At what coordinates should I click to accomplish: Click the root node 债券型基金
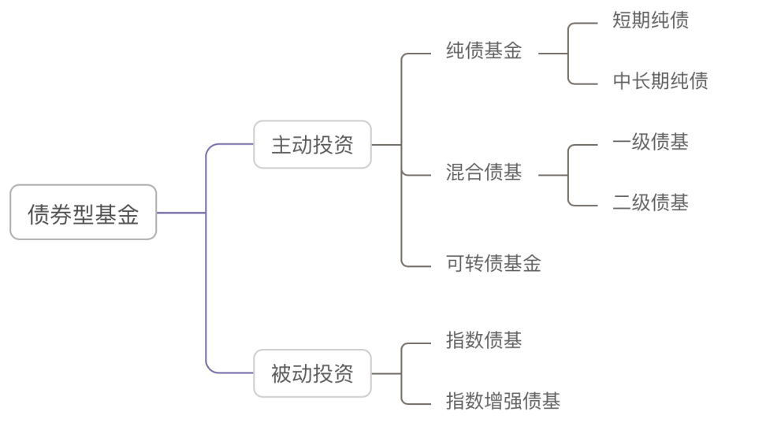tap(83, 213)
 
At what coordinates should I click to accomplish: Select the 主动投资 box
tap(312, 145)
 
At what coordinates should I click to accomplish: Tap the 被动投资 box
tap(312, 373)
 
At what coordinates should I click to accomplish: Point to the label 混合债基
tap(483, 174)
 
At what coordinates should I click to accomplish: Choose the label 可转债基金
tap(493, 264)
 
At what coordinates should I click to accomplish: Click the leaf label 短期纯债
tap(650, 20)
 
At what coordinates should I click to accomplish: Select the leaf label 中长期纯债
tap(660, 81)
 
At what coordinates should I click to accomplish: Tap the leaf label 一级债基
tap(650, 143)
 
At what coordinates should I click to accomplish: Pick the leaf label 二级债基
tap(650, 203)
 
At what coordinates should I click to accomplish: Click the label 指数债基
tap(483, 341)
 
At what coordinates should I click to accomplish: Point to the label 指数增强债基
tap(503, 401)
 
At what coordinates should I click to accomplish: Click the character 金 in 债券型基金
tap(128, 213)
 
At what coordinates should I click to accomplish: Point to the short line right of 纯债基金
tap(552, 54)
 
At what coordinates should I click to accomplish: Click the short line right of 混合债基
tap(552, 174)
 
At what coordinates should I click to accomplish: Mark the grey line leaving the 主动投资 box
tap(386, 145)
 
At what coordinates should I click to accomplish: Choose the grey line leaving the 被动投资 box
tap(386, 373)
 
